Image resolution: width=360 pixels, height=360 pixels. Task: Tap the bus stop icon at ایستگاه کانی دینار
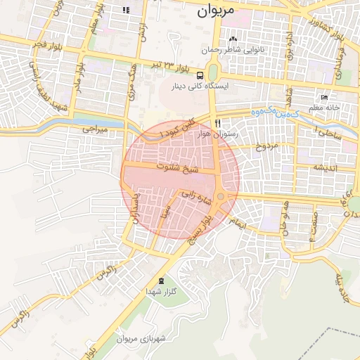click(x=200, y=75)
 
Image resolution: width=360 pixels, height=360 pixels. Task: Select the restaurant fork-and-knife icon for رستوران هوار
click(x=217, y=122)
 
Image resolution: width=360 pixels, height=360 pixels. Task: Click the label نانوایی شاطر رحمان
click(x=233, y=50)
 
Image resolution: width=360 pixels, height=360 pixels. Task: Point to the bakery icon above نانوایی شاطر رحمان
click(x=233, y=39)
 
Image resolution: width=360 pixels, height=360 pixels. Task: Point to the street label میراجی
click(x=94, y=129)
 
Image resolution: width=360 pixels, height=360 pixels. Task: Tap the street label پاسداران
click(x=138, y=210)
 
